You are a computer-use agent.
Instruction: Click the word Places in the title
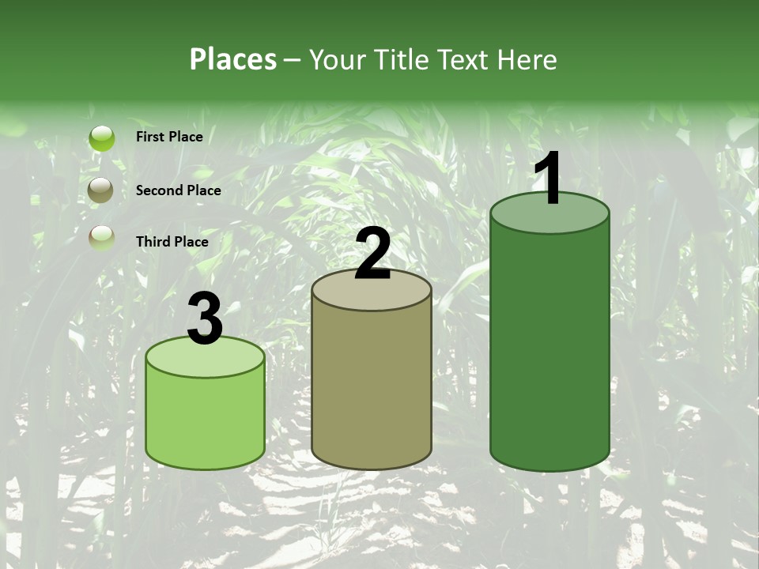pyautogui.click(x=233, y=59)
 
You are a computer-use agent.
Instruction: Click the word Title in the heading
pyautogui.click(x=402, y=59)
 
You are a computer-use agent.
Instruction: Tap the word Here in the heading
pyautogui.click(x=526, y=59)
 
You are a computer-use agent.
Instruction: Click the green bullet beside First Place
pyautogui.click(x=101, y=138)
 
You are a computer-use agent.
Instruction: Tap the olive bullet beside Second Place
pyautogui.click(x=101, y=190)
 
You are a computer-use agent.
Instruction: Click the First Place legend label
pyautogui.click(x=169, y=137)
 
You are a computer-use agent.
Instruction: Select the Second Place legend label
pyautogui.click(x=178, y=190)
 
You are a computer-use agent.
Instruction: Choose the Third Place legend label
pyautogui.click(x=172, y=242)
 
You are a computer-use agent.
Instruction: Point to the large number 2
pyautogui.click(x=372, y=253)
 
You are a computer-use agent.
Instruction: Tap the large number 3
pyautogui.click(x=205, y=318)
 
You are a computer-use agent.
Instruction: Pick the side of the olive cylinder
pyautogui.click(x=372, y=387)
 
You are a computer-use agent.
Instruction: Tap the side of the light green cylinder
pyautogui.click(x=205, y=419)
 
